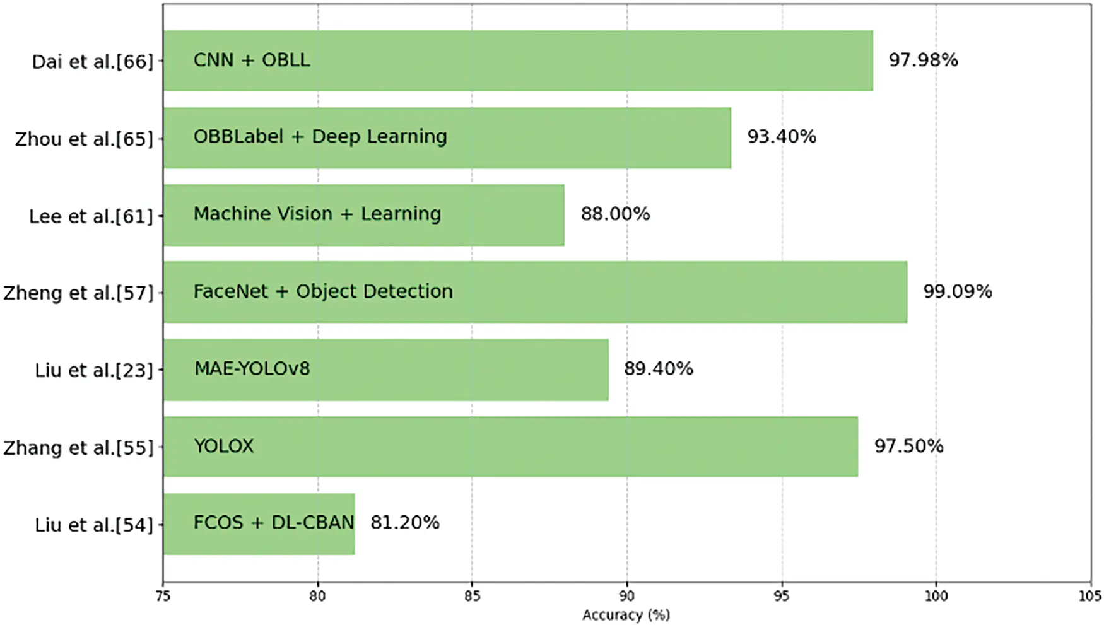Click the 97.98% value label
(x=923, y=60)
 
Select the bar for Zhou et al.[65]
(x=447, y=137)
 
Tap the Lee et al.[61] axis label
(x=91, y=216)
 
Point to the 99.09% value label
(x=957, y=291)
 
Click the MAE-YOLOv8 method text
(x=252, y=368)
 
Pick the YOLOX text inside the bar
(x=223, y=446)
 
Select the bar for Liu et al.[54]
(x=259, y=524)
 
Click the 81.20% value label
(x=404, y=522)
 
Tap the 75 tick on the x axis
(x=163, y=596)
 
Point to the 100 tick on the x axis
(x=936, y=596)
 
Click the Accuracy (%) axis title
(x=626, y=615)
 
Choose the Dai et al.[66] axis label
(x=93, y=62)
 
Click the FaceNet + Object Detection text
(x=323, y=291)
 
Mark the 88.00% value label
(x=615, y=214)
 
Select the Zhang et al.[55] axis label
(x=79, y=448)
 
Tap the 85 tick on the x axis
(x=472, y=596)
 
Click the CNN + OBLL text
(x=252, y=60)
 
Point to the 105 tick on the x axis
(x=1089, y=596)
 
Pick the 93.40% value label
(x=782, y=136)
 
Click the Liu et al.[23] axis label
(x=94, y=370)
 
